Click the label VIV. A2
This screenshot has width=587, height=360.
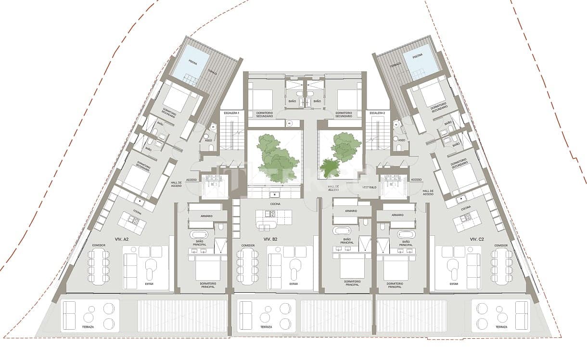coord(121,239)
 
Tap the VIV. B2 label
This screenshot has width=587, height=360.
coord(270,239)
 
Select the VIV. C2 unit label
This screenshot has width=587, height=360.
coord(477,239)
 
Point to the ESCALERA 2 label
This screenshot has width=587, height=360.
coord(377,113)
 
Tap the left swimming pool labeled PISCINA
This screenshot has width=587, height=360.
coord(191,63)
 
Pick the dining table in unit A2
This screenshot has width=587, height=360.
coord(98,267)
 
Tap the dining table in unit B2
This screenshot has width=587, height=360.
coord(247,267)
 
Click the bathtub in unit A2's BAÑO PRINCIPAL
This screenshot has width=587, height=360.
coord(199,235)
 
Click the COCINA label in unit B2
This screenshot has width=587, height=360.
coord(275,204)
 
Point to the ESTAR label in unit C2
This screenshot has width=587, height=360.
coord(454,284)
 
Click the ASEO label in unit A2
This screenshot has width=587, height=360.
coord(209,141)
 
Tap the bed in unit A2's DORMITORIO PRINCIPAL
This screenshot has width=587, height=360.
coord(208,269)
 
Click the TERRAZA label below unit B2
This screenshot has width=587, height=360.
coord(266,327)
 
